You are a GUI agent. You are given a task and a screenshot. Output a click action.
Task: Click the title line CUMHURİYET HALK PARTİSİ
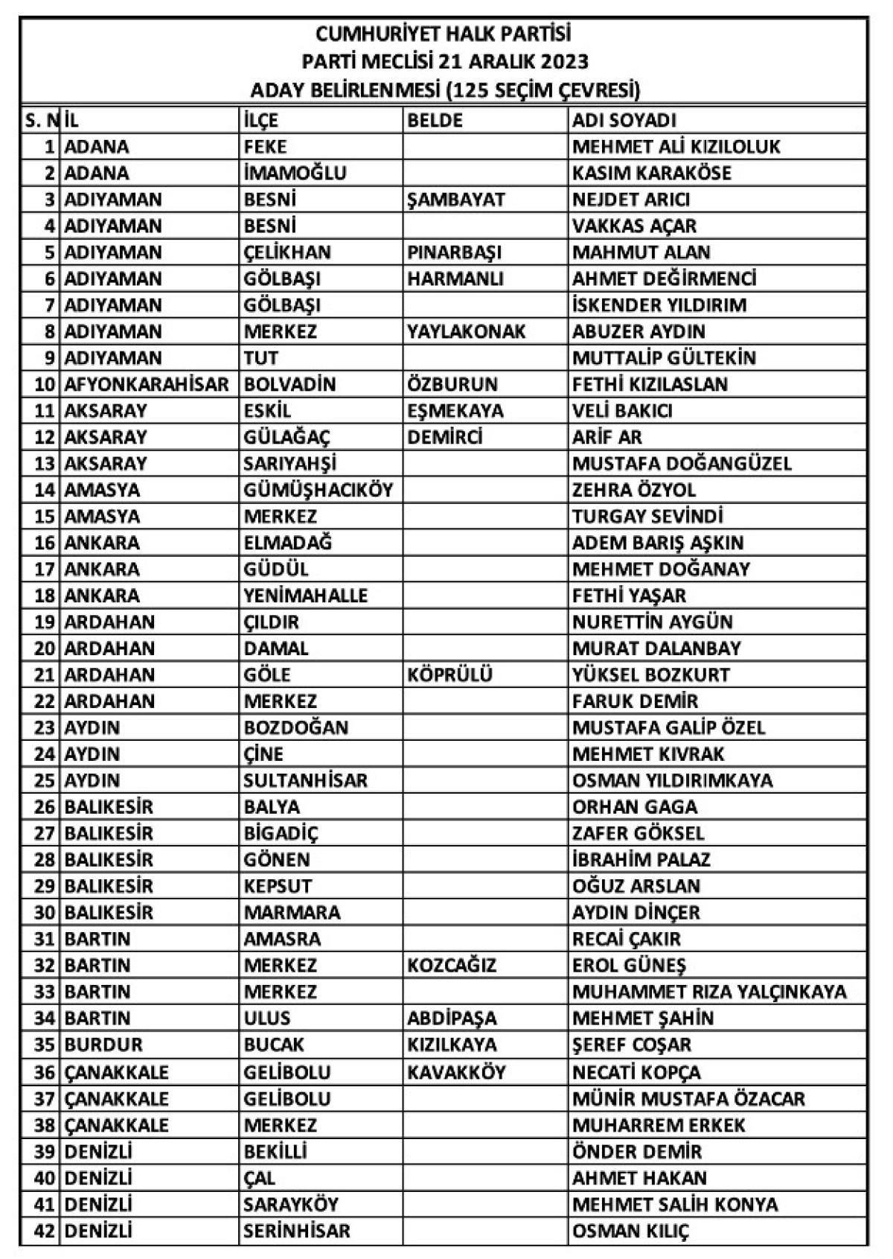[444, 34]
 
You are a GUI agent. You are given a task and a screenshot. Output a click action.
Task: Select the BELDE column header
[435, 120]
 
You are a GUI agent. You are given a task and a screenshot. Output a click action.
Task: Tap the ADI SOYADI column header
[624, 120]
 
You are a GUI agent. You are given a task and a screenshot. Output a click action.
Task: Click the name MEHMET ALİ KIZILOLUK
[676, 147]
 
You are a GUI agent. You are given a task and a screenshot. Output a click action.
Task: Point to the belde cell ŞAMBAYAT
[455, 200]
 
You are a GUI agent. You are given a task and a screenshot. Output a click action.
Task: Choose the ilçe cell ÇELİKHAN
[287, 252]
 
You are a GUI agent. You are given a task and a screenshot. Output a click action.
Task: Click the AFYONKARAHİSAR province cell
[147, 384]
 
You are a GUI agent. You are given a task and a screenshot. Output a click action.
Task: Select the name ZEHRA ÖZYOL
[633, 490]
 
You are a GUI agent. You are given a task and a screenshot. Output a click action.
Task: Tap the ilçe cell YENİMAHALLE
[306, 596]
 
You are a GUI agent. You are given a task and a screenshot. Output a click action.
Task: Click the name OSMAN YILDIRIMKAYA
[672, 780]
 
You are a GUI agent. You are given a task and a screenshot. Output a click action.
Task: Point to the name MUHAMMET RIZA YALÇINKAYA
[709, 992]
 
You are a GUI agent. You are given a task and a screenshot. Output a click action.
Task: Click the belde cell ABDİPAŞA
[452, 1019]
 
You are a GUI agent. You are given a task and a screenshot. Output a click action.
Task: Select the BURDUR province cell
[103, 1045]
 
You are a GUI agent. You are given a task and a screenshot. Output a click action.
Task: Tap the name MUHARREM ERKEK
[658, 1124]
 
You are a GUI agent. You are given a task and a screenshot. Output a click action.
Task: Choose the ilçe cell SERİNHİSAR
[296, 1230]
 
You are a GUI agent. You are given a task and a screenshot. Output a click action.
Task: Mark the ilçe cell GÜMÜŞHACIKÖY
[318, 490]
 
